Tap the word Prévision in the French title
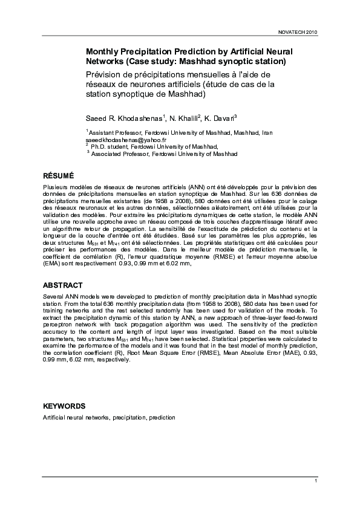coord(105,74)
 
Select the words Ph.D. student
coord(106,146)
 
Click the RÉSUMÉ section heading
coord(59,175)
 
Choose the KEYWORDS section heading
coord(64,406)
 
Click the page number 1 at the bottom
coord(316,480)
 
